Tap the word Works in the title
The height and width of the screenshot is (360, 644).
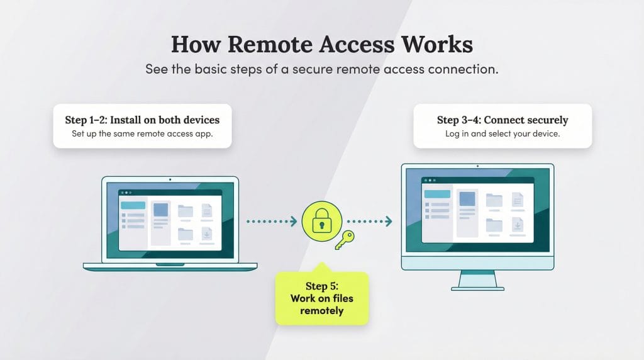tap(438, 45)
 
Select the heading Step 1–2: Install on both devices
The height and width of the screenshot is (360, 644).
tap(142, 119)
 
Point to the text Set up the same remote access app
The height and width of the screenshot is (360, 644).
tap(142, 133)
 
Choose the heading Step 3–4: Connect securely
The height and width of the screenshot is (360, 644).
tap(502, 120)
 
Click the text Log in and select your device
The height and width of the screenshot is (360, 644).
tap(502, 133)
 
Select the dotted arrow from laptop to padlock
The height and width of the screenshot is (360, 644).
tap(271, 221)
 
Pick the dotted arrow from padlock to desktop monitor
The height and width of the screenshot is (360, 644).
tap(369, 221)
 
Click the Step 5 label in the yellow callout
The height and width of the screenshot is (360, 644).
tap(321, 286)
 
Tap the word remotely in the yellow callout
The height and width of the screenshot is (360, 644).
tap(321, 311)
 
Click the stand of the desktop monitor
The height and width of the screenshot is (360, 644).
tap(477, 280)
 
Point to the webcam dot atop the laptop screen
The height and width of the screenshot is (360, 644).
tap(170, 179)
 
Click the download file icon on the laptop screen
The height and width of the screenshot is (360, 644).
tap(206, 235)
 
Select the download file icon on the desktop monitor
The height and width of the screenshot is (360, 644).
tap(518, 225)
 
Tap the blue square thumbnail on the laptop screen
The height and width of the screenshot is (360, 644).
tap(161, 210)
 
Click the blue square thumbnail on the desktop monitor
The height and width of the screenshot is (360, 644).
tap(467, 199)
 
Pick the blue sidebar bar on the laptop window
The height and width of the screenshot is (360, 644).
tap(133, 205)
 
